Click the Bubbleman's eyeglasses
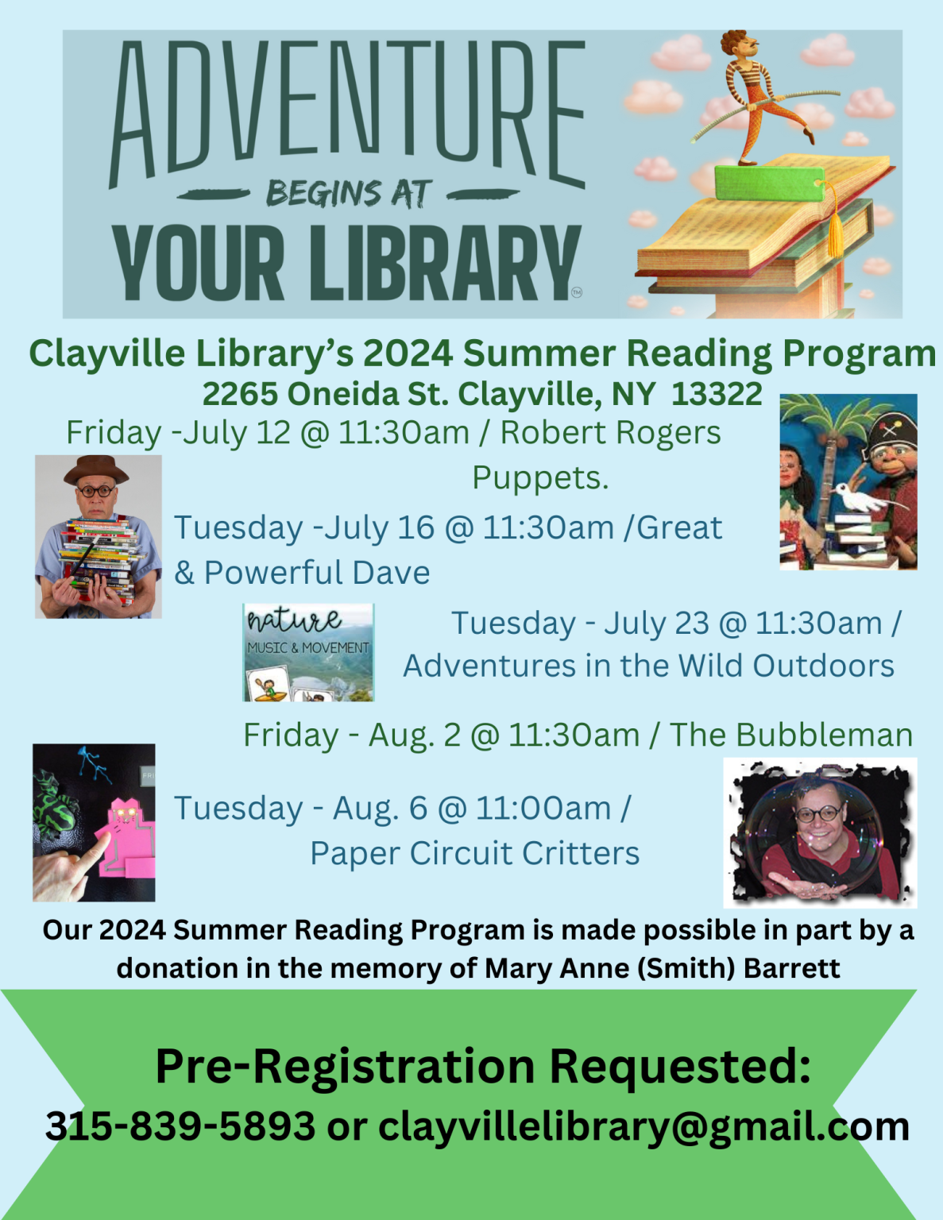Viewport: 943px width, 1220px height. pos(820,814)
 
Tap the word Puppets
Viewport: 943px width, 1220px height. pos(540,478)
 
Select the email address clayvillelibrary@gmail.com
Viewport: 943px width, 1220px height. pos(643,1126)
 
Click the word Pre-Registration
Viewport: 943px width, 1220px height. pos(346,1066)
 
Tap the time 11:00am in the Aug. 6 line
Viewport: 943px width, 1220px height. pos(543,809)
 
